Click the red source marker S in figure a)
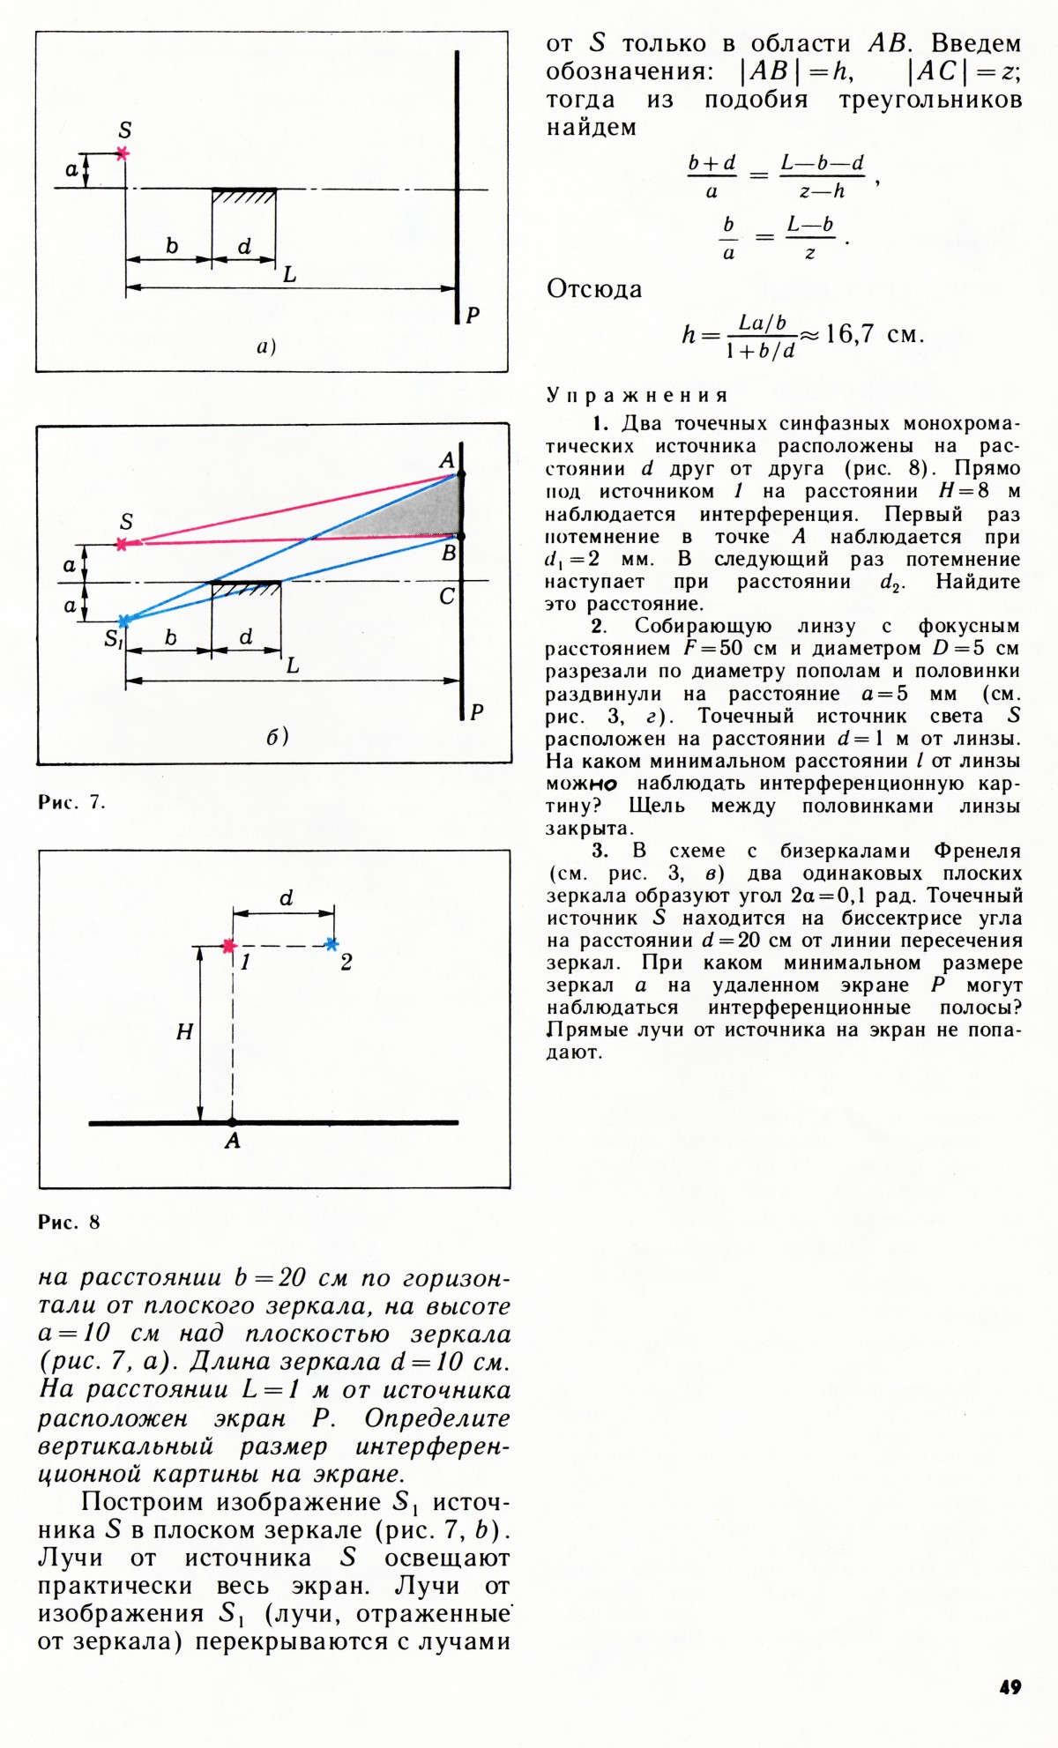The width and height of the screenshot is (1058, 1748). click(x=123, y=153)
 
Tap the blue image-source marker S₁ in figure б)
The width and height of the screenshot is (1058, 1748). click(x=123, y=621)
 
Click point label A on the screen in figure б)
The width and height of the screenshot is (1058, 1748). click(x=446, y=459)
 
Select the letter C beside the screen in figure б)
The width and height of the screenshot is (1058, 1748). click(x=447, y=597)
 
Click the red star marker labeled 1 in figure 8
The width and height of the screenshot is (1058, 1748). click(x=229, y=946)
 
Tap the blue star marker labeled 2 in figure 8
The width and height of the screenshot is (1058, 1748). click(x=332, y=944)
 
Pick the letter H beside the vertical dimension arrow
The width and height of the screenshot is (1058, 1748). click(x=184, y=1032)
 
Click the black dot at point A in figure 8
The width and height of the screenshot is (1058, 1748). click(x=232, y=1122)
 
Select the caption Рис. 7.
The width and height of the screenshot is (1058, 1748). click(x=71, y=802)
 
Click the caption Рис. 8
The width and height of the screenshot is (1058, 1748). click(x=69, y=1222)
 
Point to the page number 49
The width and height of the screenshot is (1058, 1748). click(x=1010, y=1687)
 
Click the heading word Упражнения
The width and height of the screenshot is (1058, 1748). click(x=637, y=395)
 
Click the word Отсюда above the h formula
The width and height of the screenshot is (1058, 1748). click(x=594, y=289)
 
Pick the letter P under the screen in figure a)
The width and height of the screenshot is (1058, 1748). click(x=473, y=315)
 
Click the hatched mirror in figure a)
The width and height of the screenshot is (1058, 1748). click(x=244, y=196)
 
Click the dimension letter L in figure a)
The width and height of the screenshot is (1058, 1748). click(x=289, y=275)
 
